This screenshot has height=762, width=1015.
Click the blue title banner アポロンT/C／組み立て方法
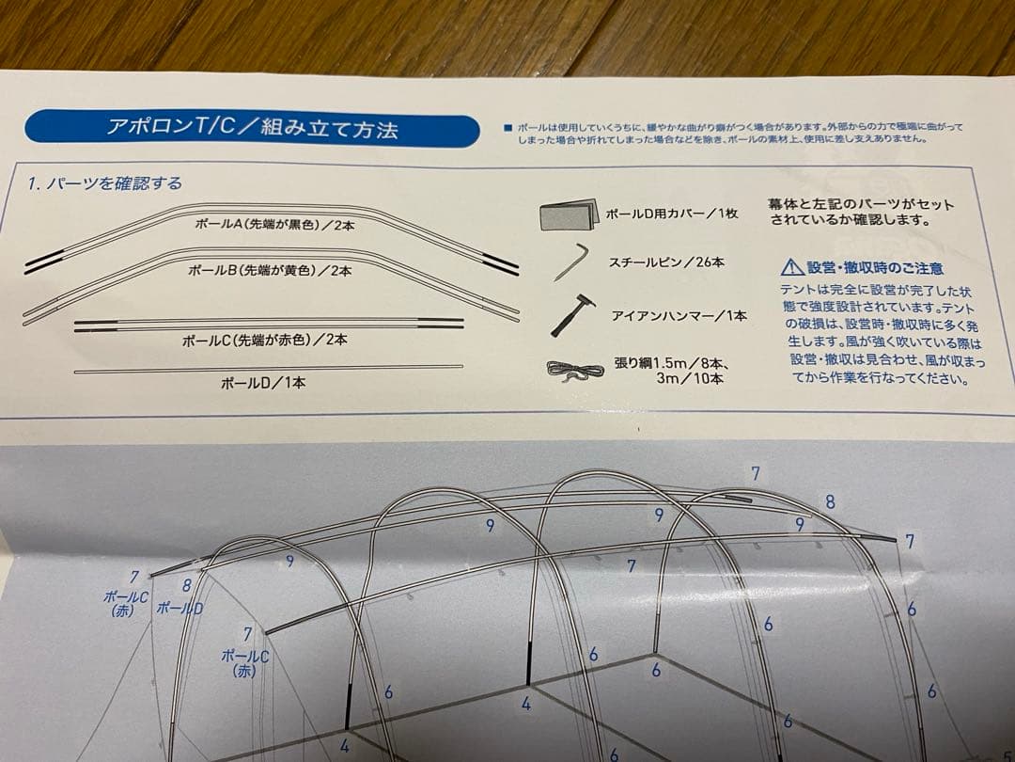coord(251,129)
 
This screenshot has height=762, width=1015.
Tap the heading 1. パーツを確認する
coord(105,183)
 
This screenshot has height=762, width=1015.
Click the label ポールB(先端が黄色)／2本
coord(270,270)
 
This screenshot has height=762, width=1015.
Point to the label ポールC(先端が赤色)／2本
coord(263,339)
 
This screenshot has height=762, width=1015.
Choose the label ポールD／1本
coord(263,382)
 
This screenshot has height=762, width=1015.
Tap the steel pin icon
coord(570,262)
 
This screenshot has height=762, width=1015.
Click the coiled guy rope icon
coord(574,370)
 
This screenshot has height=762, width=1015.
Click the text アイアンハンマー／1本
coord(679,316)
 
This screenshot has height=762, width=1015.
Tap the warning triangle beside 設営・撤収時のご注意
coord(790,269)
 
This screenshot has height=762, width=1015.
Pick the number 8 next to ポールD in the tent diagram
coord(187,585)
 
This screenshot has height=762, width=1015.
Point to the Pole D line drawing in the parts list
coord(268,368)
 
